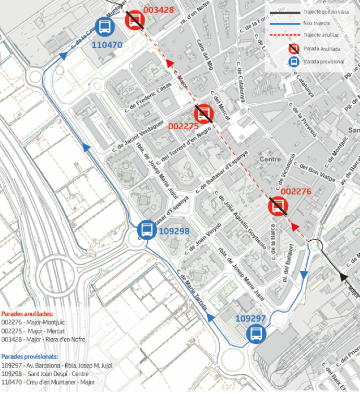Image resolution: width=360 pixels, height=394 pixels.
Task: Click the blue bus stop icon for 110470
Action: (105, 27)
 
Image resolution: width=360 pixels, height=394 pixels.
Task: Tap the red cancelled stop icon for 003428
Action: (135, 20)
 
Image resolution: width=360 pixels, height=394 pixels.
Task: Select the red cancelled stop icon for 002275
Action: (203, 114)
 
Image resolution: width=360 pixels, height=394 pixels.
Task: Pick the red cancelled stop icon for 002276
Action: (278, 207)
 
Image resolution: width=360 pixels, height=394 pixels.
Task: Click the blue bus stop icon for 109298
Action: (147, 229)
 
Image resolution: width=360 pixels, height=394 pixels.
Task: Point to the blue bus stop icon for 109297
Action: (255, 333)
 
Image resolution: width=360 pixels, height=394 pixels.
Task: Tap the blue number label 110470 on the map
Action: (107, 45)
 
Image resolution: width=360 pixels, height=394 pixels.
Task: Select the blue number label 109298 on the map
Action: (174, 231)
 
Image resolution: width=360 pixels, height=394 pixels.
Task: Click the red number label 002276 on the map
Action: (296, 192)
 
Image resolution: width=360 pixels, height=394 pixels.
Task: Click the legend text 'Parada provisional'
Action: (323, 61)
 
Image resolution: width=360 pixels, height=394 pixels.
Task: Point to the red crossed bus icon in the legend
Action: (294, 50)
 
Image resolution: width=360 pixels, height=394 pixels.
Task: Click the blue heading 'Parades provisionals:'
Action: (30, 356)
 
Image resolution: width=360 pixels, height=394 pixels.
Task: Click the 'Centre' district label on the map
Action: (270, 159)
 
